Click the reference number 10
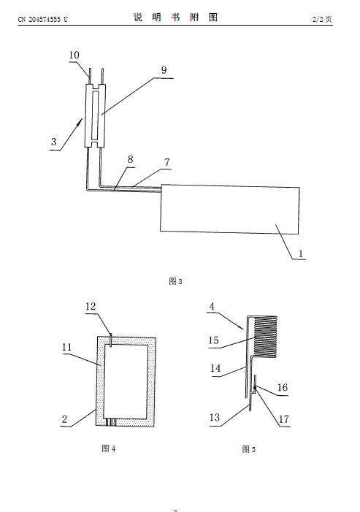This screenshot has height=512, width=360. pyautogui.click(x=74, y=56)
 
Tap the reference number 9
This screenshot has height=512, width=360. pyautogui.click(x=164, y=70)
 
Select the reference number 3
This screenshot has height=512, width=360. pyautogui.click(x=54, y=142)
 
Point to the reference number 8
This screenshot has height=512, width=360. pyautogui.click(x=130, y=159)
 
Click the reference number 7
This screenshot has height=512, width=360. pyautogui.click(x=166, y=162)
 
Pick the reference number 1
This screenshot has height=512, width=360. pyautogui.click(x=301, y=253)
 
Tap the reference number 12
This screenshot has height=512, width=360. pyautogui.click(x=91, y=306)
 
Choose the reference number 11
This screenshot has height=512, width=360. pyautogui.click(x=66, y=347)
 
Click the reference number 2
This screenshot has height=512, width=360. pyautogui.click(x=64, y=419)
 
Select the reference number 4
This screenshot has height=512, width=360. pyautogui.click(x=212, y=306)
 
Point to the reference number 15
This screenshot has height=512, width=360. pyautogui.click(x=213, y=340)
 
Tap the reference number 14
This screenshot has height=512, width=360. pyautogui.click(x=215, y=368)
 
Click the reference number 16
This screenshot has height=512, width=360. pyautogui.click(x=283, y=388)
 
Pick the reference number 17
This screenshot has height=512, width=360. pyautogui.click(x=284, y=419)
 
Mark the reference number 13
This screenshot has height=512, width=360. pyautogui.click(x=215, y=418)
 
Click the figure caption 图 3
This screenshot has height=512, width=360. pyautogui.click(x=175, y=281)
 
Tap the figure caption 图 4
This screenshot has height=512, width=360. pyautogui.click(x=109, y=448)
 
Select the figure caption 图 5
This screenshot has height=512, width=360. pyautogui.click(x=249, y=449)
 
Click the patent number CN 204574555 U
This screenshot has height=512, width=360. pyautogui.click(x=43, y=19)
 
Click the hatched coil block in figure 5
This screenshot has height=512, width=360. pyautogui.click(x=265, y=337)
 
